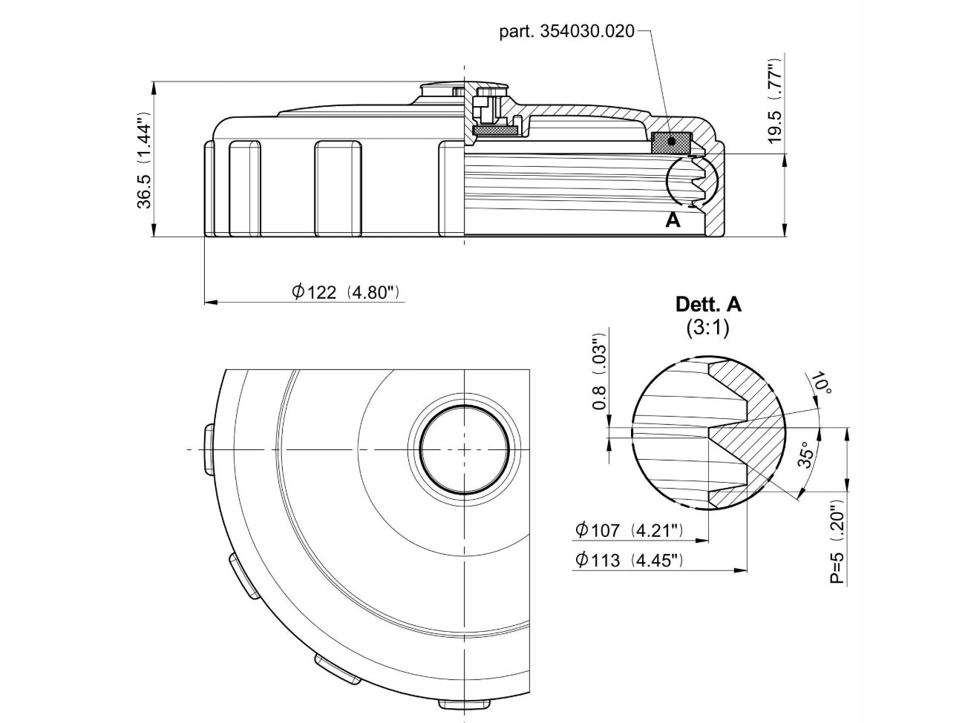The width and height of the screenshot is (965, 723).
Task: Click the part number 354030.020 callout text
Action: pos(566,32)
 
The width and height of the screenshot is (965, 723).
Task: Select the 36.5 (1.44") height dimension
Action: pos(144,160)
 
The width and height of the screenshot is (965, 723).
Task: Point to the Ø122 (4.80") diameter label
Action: pos(347,292)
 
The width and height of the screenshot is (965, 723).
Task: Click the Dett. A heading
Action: pos(708,305)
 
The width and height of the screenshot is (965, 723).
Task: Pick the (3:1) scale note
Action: pos(708,328)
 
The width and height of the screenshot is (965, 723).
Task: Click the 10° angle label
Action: pos(821,383)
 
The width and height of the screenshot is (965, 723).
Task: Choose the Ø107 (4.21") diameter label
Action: pos(629,530)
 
